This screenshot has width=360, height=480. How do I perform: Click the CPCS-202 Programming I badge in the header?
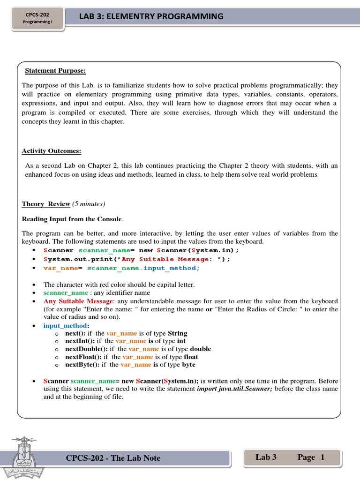38,18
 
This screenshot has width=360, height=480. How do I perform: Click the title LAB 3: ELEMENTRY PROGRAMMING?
151,17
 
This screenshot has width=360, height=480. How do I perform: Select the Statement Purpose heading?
55,71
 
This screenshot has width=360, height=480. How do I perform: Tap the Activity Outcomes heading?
52,151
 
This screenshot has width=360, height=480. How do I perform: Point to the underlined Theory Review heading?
46,204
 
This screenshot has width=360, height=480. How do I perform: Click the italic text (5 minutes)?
89,204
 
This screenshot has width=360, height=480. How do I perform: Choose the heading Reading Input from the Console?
72,219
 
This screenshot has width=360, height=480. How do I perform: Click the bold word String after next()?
178,333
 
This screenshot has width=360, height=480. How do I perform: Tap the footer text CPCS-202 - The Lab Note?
113,458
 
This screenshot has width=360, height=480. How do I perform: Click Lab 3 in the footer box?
266,457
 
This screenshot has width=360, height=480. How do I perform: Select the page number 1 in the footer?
322,457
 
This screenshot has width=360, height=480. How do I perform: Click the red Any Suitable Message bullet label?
78,301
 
